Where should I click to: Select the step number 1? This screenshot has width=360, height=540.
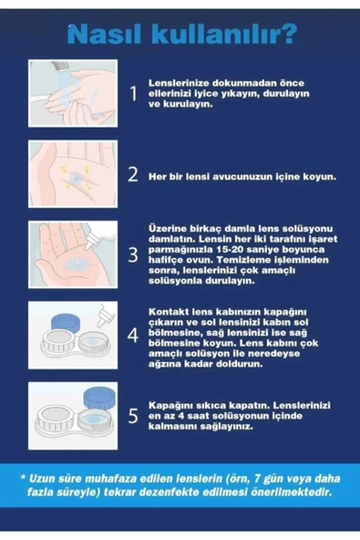point(132,93)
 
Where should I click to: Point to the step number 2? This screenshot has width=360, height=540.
point(132,172)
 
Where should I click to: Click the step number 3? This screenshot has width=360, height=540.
point(132,254)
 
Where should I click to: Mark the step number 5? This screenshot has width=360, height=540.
point(132,415)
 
